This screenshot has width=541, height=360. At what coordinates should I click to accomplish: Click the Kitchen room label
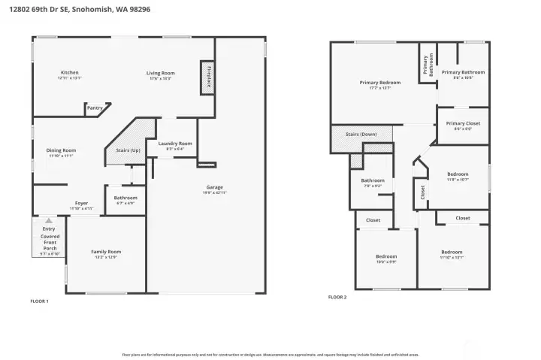[70, 73]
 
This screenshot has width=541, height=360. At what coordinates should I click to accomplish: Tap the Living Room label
[161, 73]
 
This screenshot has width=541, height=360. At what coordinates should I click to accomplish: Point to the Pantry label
[95, 108]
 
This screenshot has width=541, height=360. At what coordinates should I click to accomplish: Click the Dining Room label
[62, 150]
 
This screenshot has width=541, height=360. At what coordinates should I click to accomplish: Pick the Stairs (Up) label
[128, 150]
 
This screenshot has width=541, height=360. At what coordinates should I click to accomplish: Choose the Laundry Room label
[175, 144]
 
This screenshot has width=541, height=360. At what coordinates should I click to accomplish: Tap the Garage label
[215, 187]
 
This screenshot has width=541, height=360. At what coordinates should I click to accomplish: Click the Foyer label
[81, 203]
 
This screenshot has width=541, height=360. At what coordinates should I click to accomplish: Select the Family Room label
[106, 252]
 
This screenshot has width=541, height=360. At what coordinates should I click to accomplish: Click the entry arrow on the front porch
[49, 221]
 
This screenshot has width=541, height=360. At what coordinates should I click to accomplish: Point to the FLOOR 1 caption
[39, 301]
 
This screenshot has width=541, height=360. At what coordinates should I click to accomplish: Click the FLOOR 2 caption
[337, 297]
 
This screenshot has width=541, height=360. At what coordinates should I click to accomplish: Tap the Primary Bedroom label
[379, 83]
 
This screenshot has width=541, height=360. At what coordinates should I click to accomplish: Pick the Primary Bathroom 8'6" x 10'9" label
[463, 73]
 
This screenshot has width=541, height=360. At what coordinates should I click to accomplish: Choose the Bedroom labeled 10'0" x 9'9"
[386, 257]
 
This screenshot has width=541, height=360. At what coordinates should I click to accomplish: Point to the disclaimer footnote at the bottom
[270, 354]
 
